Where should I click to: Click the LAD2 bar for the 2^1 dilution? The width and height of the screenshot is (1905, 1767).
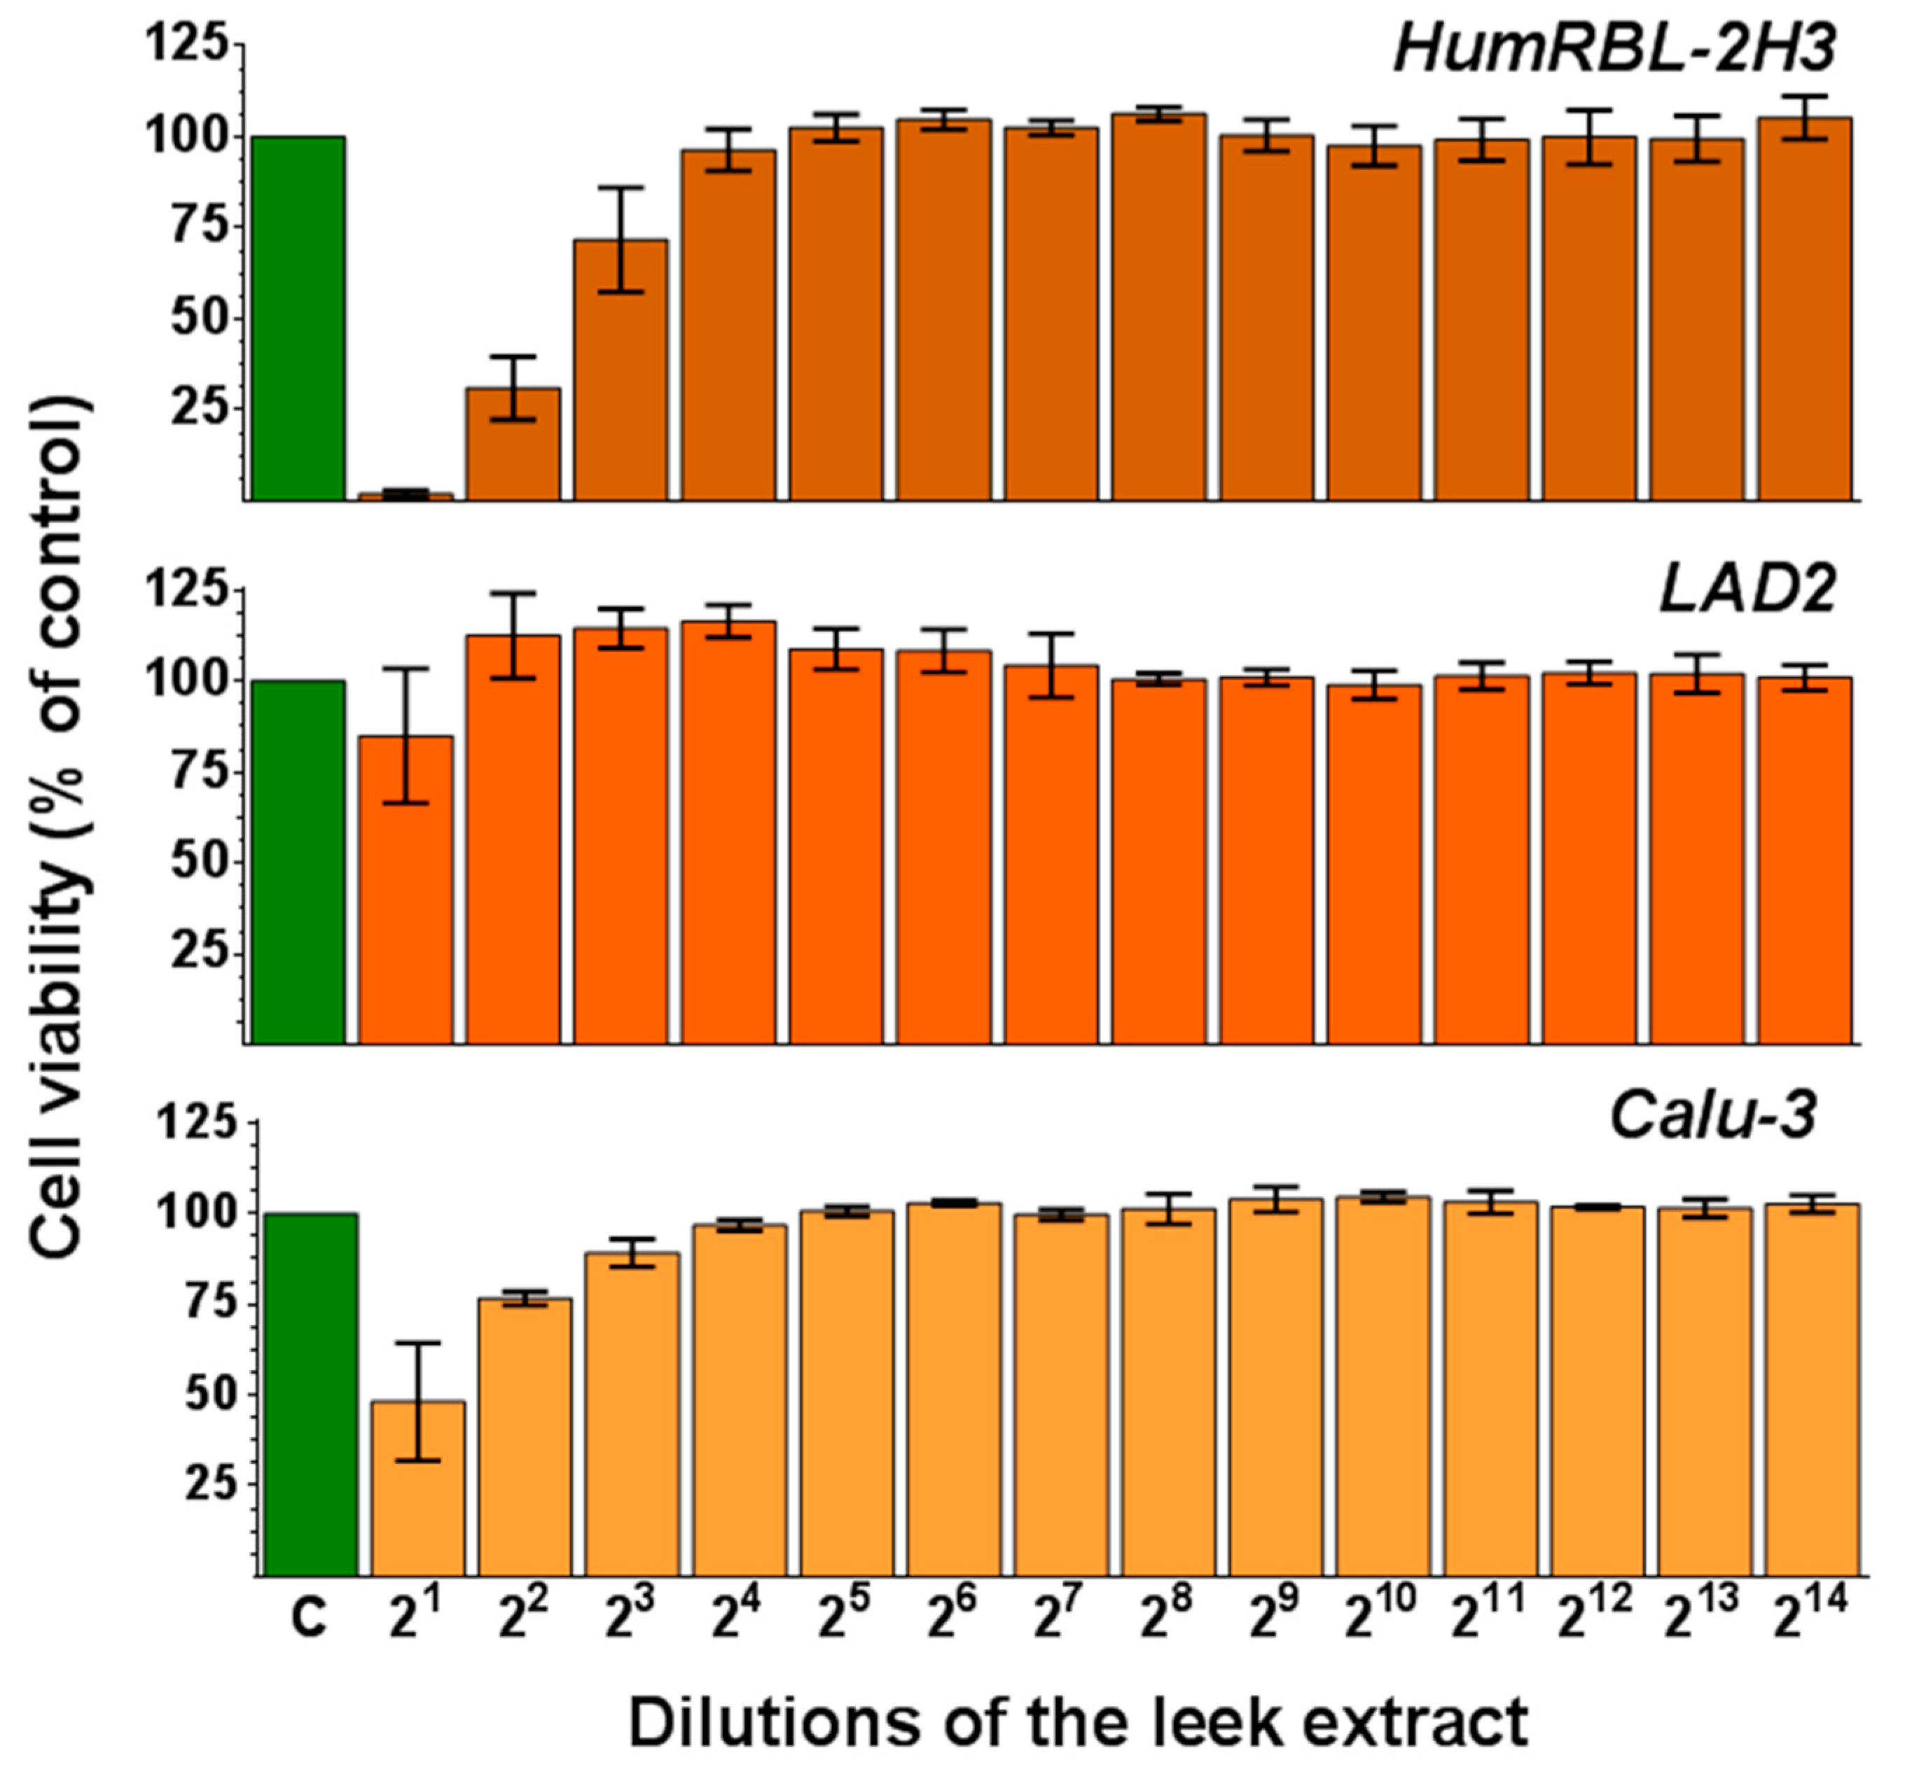tap(406, 889)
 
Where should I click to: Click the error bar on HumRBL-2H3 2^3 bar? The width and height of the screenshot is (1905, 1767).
tap(621, 239)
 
